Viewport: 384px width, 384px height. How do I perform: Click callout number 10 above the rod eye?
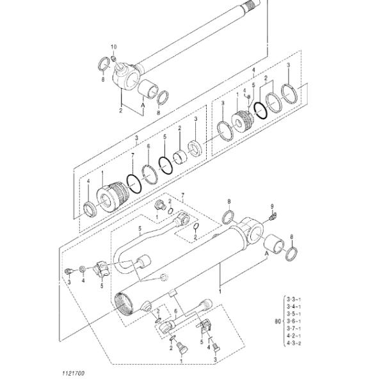point(114,47)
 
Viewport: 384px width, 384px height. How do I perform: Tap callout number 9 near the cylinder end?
point(272,206)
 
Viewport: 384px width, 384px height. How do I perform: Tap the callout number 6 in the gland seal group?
point(148,147)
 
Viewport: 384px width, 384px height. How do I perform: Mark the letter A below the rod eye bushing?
point(143,112)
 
